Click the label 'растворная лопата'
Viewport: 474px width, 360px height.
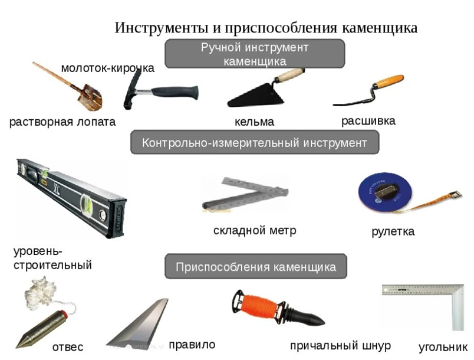click(x=62, y=122)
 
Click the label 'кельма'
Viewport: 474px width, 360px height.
click(x=255, y=122)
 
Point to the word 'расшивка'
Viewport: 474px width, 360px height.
click(x=368, y=121)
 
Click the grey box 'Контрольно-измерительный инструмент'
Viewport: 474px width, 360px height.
click(x=255, y=142)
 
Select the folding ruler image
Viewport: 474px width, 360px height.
click(x=245, y=194)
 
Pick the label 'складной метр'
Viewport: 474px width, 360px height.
click(x=255, y=231)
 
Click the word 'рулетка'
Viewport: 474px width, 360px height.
click(x=393, y=232)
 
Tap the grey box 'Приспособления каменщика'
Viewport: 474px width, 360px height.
click(x=256, y=267)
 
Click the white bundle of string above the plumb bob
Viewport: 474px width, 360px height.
click(x=39, y=293)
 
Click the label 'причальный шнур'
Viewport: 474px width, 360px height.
click(x=340, y=345)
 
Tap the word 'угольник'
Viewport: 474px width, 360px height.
click(x=443, y=347)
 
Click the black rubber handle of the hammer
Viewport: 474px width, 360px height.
click(x=175, y=92)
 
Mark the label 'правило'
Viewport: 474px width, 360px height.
click(x=192, y=345)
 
